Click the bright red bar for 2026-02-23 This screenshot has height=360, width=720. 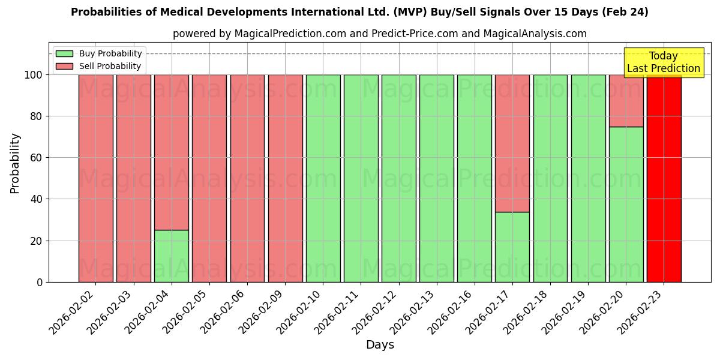[664, 178]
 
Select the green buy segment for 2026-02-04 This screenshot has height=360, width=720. [171, 256]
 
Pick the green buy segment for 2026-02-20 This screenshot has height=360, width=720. [626, 204]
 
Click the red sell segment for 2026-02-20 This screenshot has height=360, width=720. [626, 100]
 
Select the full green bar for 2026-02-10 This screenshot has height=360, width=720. [323, 178]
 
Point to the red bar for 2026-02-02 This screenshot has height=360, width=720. [95, 178]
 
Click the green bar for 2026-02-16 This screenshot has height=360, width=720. [474, 178]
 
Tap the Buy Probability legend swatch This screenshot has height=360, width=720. [64, 54]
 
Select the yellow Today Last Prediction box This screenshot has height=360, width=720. [663, 62]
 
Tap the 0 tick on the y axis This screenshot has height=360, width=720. [40, 282]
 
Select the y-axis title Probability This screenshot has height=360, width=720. [15, 163]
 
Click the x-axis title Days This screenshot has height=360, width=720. [380, 345]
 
